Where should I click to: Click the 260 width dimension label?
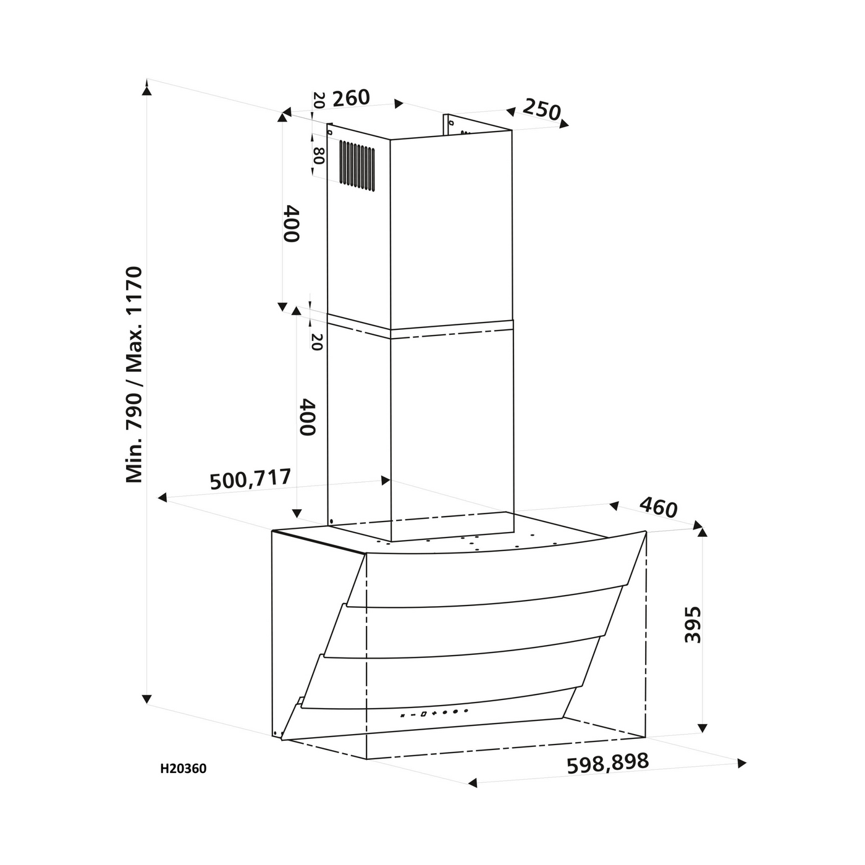click(350, 98)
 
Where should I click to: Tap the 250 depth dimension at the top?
click(542, 109)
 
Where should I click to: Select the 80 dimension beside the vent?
click(318, 156)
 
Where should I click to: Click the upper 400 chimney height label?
click(292, 224)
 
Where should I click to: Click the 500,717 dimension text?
click(250, 479)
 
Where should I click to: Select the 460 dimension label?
click(658, 508)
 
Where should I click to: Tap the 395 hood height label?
click(693, 625)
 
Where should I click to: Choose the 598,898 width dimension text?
click(608, 763)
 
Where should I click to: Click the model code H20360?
click(184, 769)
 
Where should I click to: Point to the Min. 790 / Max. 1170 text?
click(134, 375)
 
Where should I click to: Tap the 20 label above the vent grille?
click(318, 100)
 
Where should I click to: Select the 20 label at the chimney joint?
click(316, 342)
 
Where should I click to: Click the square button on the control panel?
click(423, 713)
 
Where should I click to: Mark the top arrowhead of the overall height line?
click(147, 89)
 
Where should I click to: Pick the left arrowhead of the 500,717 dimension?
click(162, 497)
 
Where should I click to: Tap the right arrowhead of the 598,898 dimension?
click(741, 763)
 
